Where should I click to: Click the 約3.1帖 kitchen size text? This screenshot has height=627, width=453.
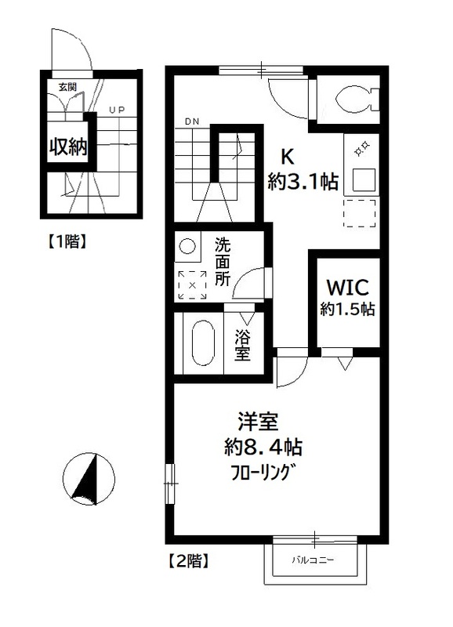tap(303, 183)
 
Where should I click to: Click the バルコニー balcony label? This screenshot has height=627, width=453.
tap(313, 561)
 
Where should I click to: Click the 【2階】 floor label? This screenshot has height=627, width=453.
tap(188, 561)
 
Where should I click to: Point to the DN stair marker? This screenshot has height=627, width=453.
tap(192, 122)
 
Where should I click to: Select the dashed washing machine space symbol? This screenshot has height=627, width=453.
tap(191, 285)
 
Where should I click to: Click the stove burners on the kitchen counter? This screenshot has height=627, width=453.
tap(363, 147)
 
